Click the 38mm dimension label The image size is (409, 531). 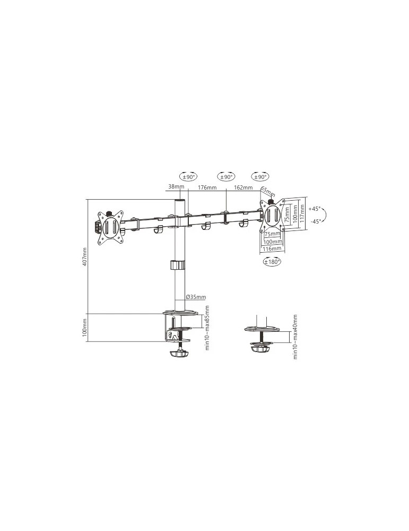pos(176,186)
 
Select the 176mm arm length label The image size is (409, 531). pos(207,187)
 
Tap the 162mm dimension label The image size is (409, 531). pos(243,187)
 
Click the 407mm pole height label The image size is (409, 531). pos(84,256)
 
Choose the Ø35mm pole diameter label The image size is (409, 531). pos(196,297)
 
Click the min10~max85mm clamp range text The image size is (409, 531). pos(207,328)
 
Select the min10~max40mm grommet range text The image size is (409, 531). pos(295,337)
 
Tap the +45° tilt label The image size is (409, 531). pos(314,209)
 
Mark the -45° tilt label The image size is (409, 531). pos(316,221)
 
